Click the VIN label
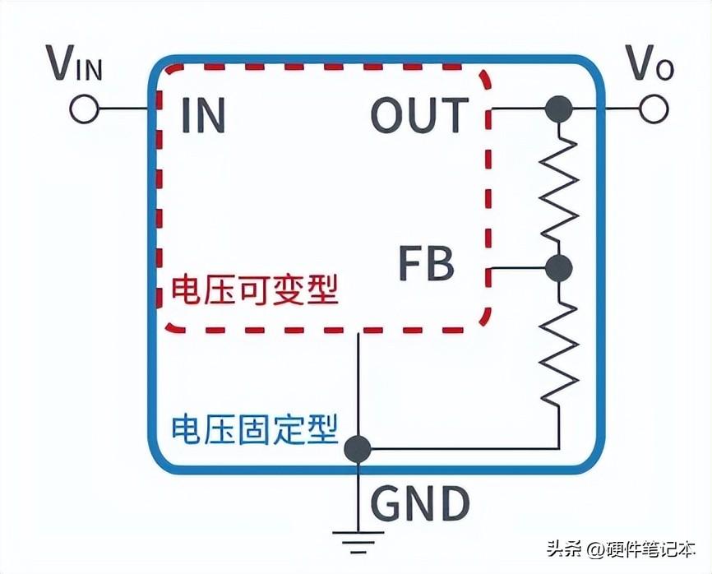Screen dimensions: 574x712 click(x=75, y=64)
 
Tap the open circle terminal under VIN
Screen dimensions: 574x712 click(x=83, y=109)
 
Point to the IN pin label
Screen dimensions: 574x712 click(x=202, y=116)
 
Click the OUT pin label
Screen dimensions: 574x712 click(x=419, y=116)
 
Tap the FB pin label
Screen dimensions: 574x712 click(x=426, y=265)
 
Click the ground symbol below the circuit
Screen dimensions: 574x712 click(x=358, y=539)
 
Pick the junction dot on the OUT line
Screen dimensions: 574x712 click(x=559, y=109)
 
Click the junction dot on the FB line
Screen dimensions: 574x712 click(x=559, y=267)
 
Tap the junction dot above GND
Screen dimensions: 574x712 click(x=358, y=448)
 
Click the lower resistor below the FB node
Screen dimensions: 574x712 click(x=559, y=349)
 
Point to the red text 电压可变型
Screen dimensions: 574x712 click(x=254, y=290)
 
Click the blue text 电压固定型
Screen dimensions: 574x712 click(x=254, y=428)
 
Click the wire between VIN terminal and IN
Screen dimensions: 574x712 click(x=123, y=109)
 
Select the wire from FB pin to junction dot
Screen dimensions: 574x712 click(x=518, y=267)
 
